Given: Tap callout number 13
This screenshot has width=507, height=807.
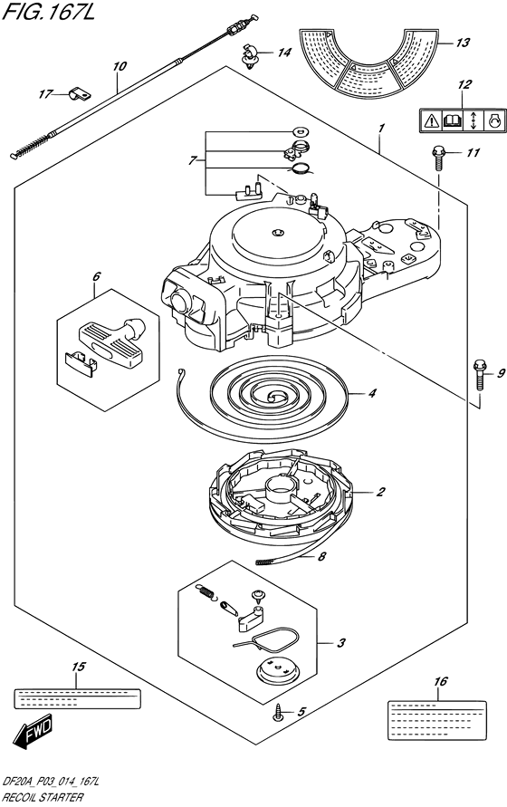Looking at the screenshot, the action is (x=463, y=43).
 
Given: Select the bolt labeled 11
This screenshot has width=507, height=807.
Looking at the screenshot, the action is (x=438, y=158).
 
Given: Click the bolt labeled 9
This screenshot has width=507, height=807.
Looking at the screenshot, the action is (x=479, y=375).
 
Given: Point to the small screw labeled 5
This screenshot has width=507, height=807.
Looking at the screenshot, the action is (x=279, y=714).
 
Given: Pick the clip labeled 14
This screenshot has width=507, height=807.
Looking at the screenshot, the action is (x=251, y=55).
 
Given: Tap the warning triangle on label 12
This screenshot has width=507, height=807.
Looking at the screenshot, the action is (x=431, y=121).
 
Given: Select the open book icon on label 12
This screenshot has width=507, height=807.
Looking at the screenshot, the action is (x=452, y=121).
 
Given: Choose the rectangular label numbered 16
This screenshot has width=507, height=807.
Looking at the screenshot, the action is (x=436, y=720).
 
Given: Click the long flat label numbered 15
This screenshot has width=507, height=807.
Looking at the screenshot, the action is (x=77, y=698).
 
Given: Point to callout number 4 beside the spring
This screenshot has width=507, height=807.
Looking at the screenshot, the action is (x=371, y=394).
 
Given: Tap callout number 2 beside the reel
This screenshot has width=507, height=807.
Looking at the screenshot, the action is (x=380, y=492).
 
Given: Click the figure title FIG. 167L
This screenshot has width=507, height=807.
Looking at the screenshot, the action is (x=48, y=11).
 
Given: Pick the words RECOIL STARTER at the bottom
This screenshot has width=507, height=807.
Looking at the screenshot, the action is (x=43, y=797).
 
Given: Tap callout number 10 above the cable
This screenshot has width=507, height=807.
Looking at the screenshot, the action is (x=120, y=66).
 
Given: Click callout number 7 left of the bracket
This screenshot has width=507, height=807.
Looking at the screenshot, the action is (x=192, y=161).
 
